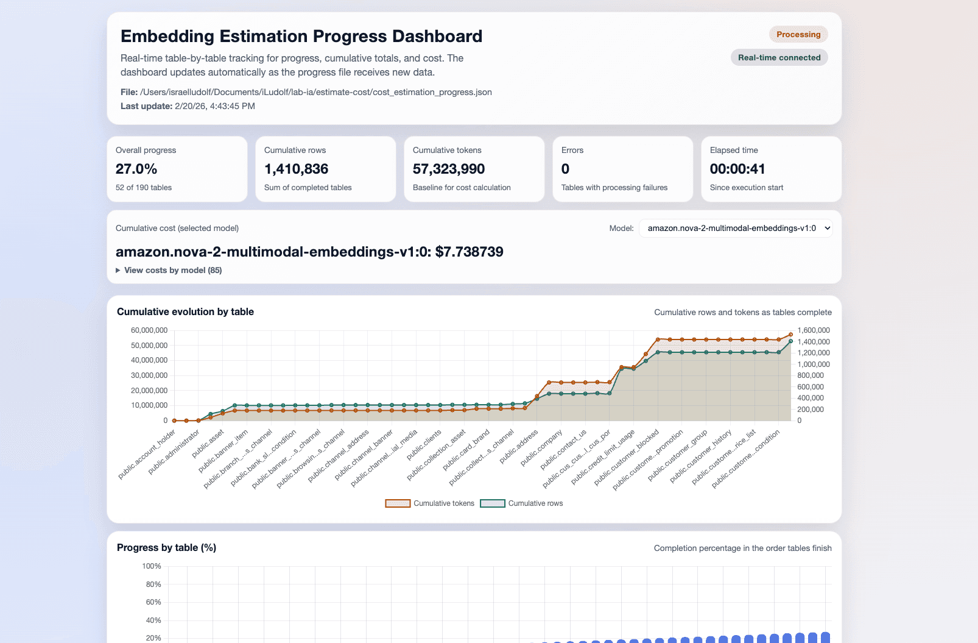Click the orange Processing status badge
[x=798, y=35]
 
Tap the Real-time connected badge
[x=779, y=58]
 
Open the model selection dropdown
[x=735, y=229]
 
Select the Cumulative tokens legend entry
[x=430, y=503]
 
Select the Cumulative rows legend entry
[x=522, y=503]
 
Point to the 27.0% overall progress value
[x=136, y=169]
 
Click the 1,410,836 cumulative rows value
[x=296, y=169]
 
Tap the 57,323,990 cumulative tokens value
[x=449, y=169]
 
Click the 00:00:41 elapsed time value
[x=737, y=169]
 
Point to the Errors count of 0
[x=565, y=169]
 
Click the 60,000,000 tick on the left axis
[x=149, y=330]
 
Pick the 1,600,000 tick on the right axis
[x=814, y=330]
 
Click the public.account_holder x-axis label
[x=148, y=453]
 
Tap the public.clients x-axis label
[x=424, y=444]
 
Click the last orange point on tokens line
[x=791, y=335]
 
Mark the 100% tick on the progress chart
[x=152, y=566]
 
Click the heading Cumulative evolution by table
[x=185, y=312]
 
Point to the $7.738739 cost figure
[x=469, y=252]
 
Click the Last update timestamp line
[x=188, y=106]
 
